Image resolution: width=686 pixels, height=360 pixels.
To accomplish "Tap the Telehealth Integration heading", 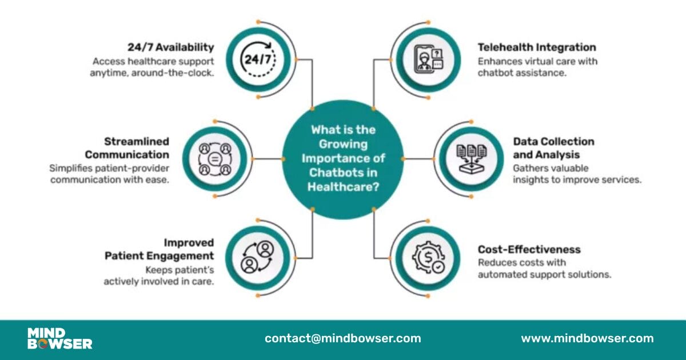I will point(537,47).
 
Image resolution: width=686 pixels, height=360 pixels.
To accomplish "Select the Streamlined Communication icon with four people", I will point(214,158).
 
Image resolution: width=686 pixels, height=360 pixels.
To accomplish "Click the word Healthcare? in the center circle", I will point(342,186).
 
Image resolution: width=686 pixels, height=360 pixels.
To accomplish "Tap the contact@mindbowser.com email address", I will point(342,338).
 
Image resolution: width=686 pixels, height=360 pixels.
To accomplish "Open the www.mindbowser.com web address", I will point(587,338).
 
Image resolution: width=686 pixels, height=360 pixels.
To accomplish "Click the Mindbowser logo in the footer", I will point(59,338).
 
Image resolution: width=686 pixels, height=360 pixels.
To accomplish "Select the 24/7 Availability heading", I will point(170,47).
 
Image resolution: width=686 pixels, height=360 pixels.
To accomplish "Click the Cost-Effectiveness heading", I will point(529,250).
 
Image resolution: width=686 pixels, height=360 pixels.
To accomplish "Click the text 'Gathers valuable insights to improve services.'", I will point(577,174).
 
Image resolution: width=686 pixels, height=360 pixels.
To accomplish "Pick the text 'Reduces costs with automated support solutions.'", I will point(544,269).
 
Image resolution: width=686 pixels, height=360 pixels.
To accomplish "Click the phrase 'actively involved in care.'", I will point(159,282).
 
